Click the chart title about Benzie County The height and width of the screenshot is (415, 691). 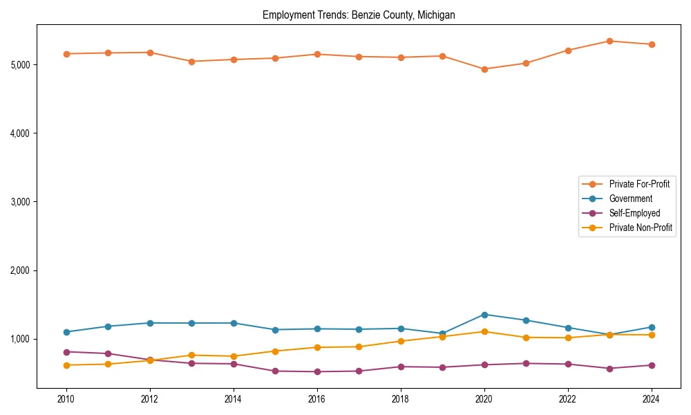pyautogui.click(x=359, y=15)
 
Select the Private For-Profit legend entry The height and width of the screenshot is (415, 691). pyautogui.click(x=638, y=184)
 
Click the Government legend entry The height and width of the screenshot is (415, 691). pyautogui.click(x=630, y=199)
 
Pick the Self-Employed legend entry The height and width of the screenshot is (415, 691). pyautogui.click(x=634, y=213)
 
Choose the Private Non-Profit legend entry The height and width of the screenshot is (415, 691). pyautogui.click(x=641, y=228)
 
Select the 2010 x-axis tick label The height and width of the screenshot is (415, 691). pyautogui.click(x=66, y=399)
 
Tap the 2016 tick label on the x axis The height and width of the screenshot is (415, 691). pyautogui.click(x=317, y=399)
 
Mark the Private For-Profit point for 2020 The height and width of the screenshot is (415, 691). pyautogui.click(x=484, y=69)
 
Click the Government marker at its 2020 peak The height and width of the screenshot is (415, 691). pyautogui.click(x=484, y=315)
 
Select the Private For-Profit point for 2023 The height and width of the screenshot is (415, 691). pyautogui.click(x=609, y=41)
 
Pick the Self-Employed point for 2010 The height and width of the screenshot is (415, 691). pyautogui.click(x=66, y=352)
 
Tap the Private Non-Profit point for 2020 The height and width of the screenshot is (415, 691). pyautogui.click(x=484, y=331)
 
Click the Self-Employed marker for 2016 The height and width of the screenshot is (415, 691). pyautogui.click(x=317, y=371)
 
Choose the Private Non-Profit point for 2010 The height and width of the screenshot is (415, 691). pyautogui.click(x=66, y=365)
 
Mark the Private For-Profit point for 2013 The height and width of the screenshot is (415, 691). pyautogui.click(x=191, y=62)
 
